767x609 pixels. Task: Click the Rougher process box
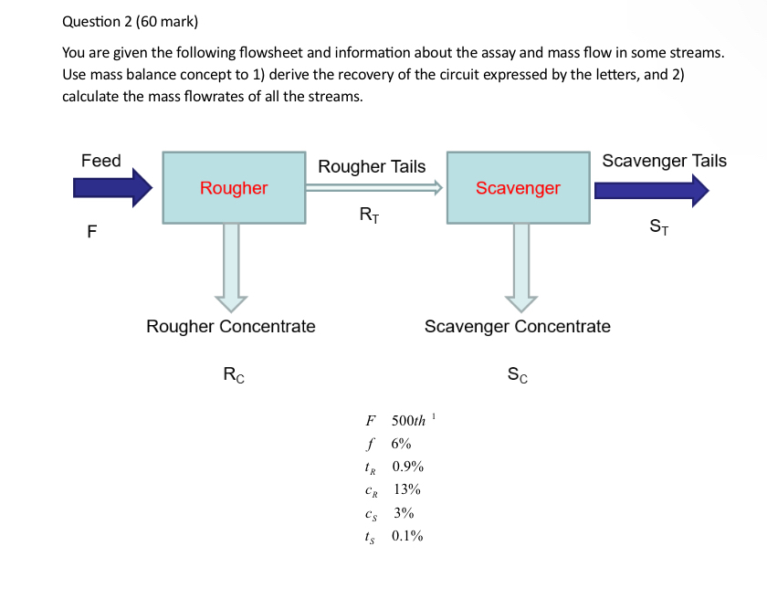click(234, 188)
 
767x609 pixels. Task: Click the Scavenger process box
click(518, 188)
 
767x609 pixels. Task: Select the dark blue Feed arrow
click(112, 188)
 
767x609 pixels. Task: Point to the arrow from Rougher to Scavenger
click(374, 188)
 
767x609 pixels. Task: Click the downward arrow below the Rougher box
click(232, 266)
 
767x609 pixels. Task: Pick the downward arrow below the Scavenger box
click(521, 266)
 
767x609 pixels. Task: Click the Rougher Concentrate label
click(231, 326)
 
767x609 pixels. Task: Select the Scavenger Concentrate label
click(518, 326)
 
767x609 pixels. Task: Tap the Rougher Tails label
click(372, 166)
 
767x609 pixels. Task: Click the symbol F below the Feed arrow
click(91, 232)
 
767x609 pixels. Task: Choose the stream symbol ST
click(658, 226)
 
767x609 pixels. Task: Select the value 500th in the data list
click(408, 421)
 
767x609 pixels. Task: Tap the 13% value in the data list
click(406, 490)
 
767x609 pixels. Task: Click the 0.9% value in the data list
click(407, 467)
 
